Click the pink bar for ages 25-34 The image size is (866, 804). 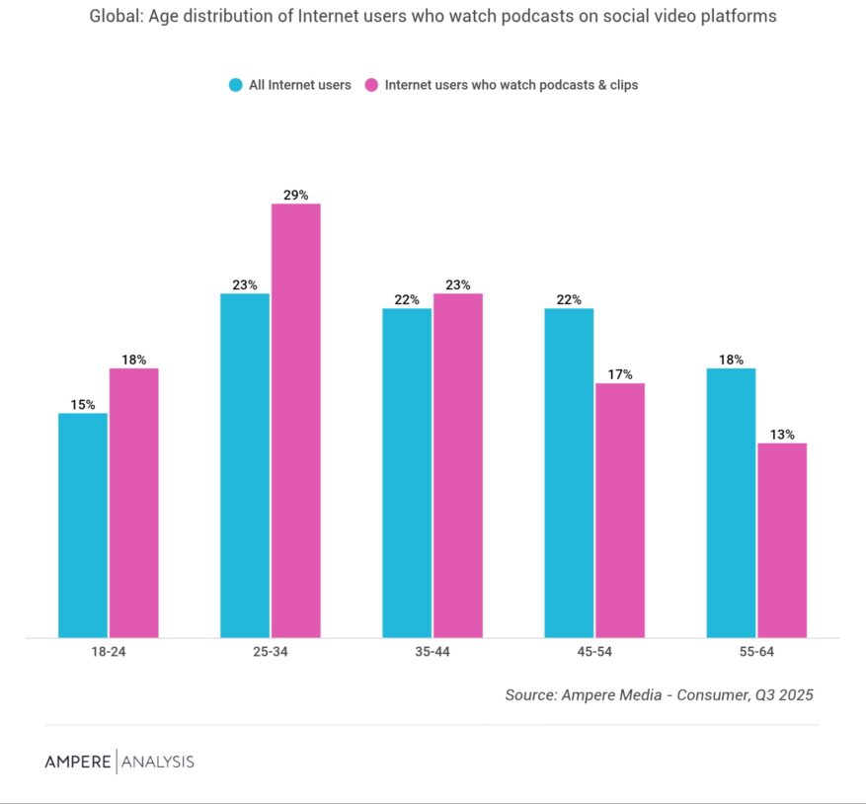click(296, 420)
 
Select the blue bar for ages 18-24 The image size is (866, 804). click(83, 524)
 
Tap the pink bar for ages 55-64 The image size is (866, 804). click(782, 539)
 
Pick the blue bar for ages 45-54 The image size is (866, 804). click(569, 472)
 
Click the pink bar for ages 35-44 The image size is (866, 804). click(458, 464)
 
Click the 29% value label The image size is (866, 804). click(296, 196)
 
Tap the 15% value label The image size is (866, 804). click(83, 405)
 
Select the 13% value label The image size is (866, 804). click(782, 435)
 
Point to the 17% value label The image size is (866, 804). click(620, 375)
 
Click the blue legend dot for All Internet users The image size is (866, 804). click(235, 85)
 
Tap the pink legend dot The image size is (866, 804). click(371, 85)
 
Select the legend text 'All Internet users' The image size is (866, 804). click(299, 85)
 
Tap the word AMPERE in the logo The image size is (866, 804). click(78, 762)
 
